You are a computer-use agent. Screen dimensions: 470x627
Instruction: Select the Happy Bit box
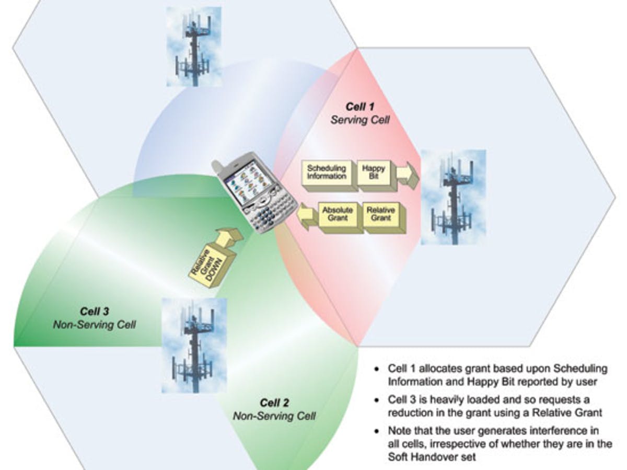[374, 173]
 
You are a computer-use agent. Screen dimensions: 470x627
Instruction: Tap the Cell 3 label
[94, 312]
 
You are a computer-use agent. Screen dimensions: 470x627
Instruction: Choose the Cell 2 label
[274, 404]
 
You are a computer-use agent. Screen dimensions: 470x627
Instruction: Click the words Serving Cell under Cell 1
[360, 120]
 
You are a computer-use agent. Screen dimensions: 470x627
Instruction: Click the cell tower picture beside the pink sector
[453, 197]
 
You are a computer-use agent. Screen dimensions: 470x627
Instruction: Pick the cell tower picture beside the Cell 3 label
[194, 345]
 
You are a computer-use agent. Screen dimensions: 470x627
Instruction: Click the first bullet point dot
[377, 369]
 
